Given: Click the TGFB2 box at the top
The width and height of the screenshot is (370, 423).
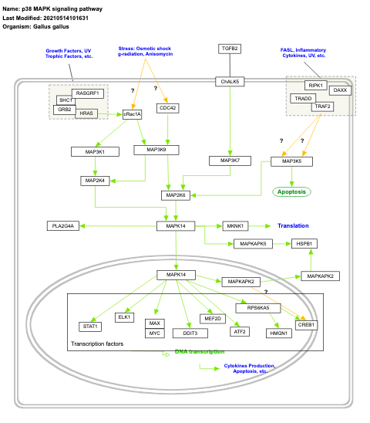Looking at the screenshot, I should [230, 49].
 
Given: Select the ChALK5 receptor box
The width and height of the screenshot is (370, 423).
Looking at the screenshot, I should [230, 81].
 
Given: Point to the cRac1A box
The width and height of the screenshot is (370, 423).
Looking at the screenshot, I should [133, 113].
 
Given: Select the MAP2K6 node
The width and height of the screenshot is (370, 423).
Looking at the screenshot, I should [175, 195].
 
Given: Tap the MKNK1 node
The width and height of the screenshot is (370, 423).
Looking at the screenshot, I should [236, 225].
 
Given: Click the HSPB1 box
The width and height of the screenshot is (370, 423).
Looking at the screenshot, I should [302, 243].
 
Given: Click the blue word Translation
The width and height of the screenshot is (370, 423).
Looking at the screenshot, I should [293, 225].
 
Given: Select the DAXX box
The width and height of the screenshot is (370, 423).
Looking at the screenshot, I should [340, 90].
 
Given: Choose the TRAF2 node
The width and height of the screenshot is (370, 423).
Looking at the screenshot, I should [322, 106].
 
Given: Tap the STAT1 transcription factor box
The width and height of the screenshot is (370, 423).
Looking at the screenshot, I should [89, 327].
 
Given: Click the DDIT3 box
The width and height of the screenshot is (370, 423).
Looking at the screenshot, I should [189, 333].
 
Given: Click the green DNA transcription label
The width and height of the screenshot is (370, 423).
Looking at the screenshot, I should [200, 352].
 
